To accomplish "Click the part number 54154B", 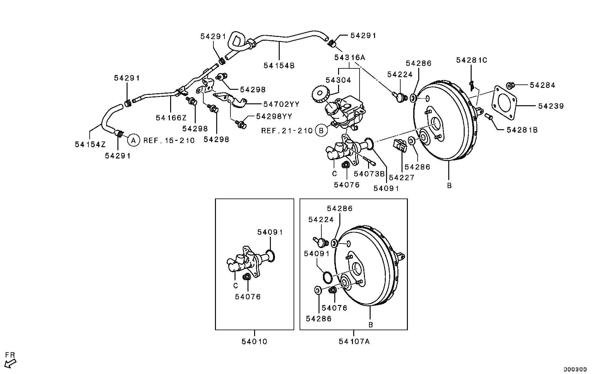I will tap(279, 66).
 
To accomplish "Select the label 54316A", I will tap(349, 58).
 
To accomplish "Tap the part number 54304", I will tap(338, 80).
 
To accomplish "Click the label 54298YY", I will tap(274, 117).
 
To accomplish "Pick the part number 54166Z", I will tap(171, 118).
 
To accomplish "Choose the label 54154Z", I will tap(90, 144).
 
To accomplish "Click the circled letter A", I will tap(133, 140).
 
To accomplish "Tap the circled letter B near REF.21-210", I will tap(321, 130).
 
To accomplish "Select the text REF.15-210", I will tap(169, 141).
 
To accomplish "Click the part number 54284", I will tap(542, 85).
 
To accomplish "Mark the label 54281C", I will tap(471, 60).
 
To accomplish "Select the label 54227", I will tap(402, 178).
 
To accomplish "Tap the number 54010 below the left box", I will tap(254, 342).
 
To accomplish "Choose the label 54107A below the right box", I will tap(354, 342).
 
